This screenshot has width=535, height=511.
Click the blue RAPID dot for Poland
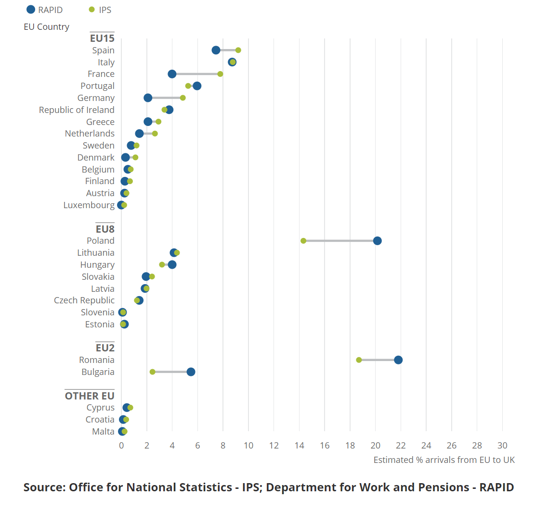tap(377, 241)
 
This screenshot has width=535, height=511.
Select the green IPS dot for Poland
tap(303, 241)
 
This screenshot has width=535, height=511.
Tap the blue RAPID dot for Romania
tap(398, 360)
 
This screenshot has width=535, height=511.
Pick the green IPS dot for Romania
tap(359, 360)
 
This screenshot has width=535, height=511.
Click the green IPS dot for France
tap(220, 74)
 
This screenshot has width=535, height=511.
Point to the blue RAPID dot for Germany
tap(148, 98)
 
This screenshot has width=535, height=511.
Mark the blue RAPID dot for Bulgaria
tap(191, 372)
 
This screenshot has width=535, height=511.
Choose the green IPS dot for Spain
tap(238, 50)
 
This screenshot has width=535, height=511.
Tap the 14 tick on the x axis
tap(300, 445)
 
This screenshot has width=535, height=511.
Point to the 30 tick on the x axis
tap(502, 445)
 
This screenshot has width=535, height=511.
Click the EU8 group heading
tap(105, 229)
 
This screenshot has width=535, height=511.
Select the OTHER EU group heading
tap(90, 396)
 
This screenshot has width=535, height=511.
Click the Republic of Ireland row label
tap(77, 110)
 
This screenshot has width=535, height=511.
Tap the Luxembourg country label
tap(89, 205)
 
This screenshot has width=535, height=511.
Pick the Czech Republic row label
tap(84, 300)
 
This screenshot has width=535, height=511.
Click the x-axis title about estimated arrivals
tap(444, 460)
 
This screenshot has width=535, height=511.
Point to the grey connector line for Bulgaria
tap(171, 372)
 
